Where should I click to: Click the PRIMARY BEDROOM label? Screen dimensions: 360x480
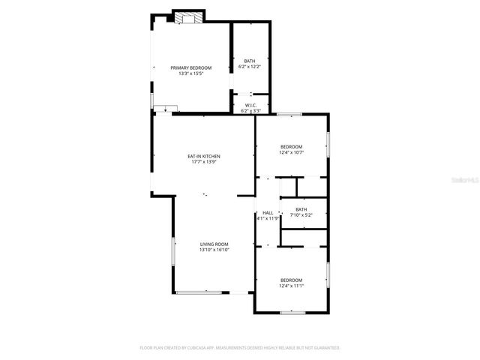point(190,67)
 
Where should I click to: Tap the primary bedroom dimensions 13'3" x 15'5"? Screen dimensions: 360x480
point(190,73)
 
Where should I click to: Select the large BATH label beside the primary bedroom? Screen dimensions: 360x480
point(250,61)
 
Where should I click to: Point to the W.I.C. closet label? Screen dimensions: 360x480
point(250,106)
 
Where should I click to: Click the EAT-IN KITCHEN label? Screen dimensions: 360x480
point(204,156)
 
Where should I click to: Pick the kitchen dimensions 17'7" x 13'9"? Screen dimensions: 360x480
point(204,162)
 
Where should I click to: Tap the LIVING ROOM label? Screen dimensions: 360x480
point(214,244)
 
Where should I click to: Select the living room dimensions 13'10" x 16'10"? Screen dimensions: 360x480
point(214,250)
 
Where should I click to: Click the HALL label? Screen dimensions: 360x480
point(268,213)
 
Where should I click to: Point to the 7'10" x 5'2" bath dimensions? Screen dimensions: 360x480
point(301,215)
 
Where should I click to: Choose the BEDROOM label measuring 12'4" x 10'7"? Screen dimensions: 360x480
point(291,146)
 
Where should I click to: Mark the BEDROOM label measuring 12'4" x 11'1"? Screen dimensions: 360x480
point(291,280)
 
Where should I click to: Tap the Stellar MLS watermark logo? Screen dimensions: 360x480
point(458,181)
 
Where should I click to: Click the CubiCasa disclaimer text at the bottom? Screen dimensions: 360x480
point(240,348)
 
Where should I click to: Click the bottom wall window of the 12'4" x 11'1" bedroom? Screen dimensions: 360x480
point(292,312)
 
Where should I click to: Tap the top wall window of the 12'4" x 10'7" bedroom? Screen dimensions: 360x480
point(289,114)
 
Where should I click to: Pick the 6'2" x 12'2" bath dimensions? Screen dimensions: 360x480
point(250,67)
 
